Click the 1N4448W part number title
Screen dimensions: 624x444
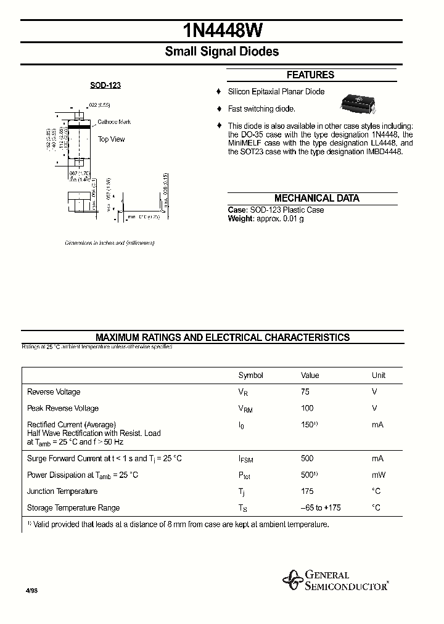click(x=221, y=31)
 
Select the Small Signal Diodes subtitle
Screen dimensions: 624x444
click(x=221, y=52)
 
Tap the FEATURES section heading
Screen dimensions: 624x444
click(x=310, y=75)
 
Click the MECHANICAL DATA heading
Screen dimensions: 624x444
click(x=316, y=199)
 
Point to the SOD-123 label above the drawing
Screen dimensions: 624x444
click(x=102, y=85)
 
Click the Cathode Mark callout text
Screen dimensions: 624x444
click(x=114, y=122)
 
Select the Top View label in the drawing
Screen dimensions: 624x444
click(x=111, y=139)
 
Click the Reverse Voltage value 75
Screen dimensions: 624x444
click(x=305, y=392)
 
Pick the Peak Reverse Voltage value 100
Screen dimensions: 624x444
click(x=307, y=408)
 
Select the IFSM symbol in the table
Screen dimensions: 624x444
click(x=245, y=459)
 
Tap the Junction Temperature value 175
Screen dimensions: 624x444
click(x=307, y=491)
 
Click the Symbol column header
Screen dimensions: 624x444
click(x=250, y=376)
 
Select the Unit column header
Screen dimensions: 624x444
click(x=378, y=376)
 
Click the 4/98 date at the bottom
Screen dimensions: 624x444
click(x=31, y=591)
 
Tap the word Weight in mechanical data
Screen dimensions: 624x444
click(x=240, y=219)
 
